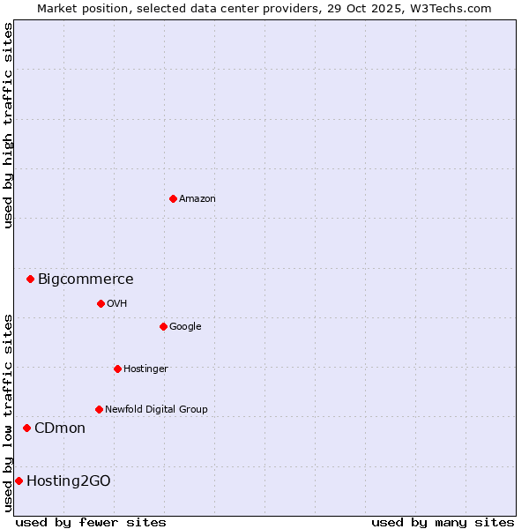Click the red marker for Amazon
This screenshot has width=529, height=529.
173,198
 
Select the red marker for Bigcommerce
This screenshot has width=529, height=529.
30,279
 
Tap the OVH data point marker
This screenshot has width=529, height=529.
101,303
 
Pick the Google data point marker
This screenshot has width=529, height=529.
163,326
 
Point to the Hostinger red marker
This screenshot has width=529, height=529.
117,369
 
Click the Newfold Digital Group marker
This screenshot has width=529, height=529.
99,409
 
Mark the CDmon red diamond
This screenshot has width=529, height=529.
26,428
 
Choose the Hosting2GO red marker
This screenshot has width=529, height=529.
19,481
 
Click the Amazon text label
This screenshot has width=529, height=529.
197,199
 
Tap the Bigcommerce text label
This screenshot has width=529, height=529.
86,279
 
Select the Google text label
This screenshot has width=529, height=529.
185,327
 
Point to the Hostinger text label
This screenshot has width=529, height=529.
145,369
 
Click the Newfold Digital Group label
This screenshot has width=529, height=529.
156,410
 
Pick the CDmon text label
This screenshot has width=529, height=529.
60,428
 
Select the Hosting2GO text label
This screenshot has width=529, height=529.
69,481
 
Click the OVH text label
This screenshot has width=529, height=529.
117,304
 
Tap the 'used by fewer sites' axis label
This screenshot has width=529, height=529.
91,522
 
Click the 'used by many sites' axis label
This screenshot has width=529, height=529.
443,522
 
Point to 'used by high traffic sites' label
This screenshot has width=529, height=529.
8,126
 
